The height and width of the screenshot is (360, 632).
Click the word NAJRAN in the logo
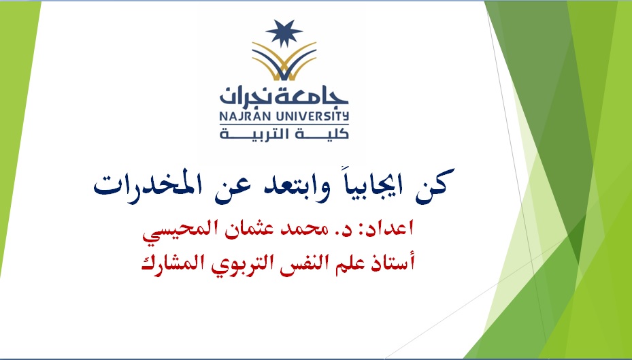pyautogui.click(x=243, y=117)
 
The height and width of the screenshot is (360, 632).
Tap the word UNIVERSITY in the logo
pyautogui.click(x=310, y=117)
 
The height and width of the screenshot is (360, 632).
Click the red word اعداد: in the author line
pyautogui.click(x=388, y=229)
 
